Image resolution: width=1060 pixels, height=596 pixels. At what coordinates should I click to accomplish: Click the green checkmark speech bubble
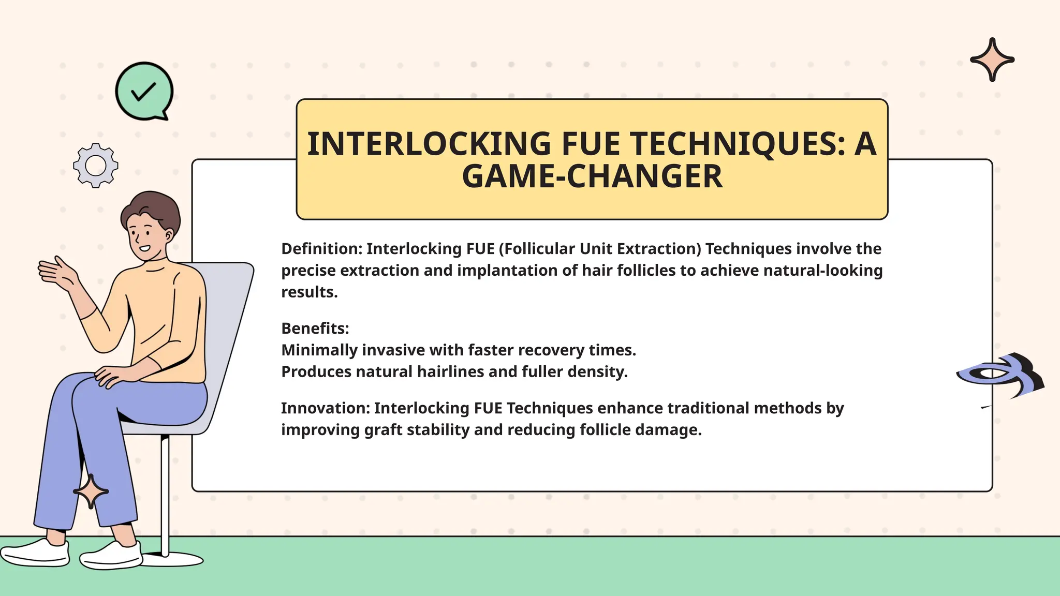point(144,91)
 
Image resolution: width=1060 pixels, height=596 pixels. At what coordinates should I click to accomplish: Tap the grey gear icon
point(96,166)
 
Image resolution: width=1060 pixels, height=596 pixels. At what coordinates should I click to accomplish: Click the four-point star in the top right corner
point(992,59)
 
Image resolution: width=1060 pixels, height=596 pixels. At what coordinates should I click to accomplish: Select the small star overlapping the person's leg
point(91,491)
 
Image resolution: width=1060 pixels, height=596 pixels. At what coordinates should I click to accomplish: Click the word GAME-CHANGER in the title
point(592,176)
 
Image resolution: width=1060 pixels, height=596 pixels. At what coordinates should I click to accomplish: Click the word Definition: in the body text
point(321,249)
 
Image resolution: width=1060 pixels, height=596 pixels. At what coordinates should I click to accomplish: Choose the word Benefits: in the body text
point(315,329)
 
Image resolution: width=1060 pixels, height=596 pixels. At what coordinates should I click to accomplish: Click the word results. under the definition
point(309,292)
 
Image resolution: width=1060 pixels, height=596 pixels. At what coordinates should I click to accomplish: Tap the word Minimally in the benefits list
point(319,350)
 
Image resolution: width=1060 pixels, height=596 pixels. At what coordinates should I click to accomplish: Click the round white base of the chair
point(173,559)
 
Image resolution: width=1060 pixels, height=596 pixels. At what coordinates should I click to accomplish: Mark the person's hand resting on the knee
point(114,375)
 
